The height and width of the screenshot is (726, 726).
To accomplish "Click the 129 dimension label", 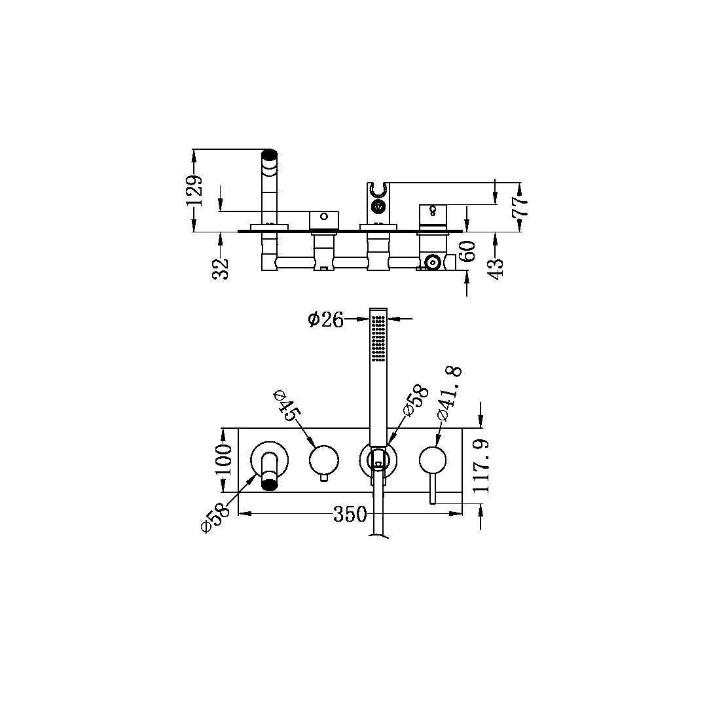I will (194, 190).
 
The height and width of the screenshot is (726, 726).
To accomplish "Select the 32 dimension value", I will (223, 267).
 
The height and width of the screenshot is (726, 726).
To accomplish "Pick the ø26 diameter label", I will (325, 319).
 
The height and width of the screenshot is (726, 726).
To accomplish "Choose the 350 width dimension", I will (350, 515).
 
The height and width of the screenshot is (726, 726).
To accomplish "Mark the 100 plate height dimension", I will (223, 460).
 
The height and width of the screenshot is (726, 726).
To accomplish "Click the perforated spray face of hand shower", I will (378, 338).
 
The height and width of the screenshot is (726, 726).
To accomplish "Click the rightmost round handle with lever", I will (432, 460).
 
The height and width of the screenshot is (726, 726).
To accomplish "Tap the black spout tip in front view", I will (270, 484).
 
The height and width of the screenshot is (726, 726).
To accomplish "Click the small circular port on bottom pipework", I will (431, 263).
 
